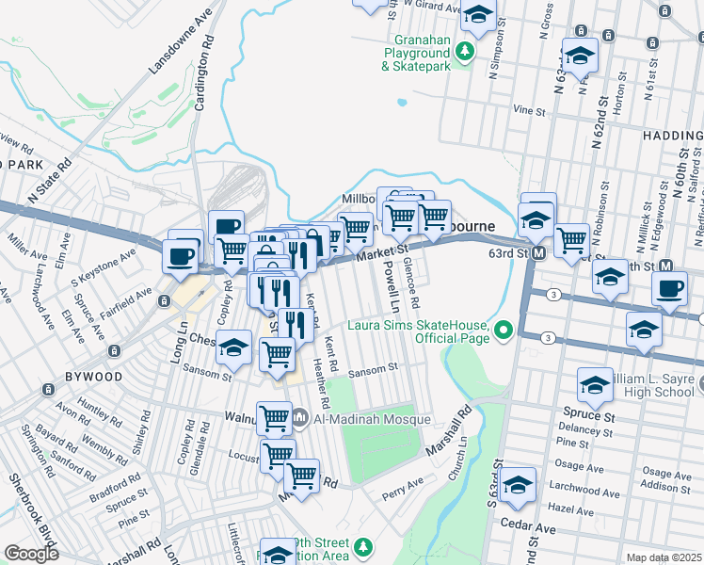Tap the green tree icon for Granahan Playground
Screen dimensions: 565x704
click(x=465, y=52)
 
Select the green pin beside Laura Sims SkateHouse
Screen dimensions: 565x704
click(x=504, y=330)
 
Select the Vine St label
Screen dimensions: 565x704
click(x=530, y=110)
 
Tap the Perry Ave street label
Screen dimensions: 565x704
click(x=403, y=490)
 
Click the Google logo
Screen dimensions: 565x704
click(x=31, y=553)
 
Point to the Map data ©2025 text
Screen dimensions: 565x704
click(x=664, y=557)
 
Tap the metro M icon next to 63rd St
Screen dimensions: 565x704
click(x=539, y=254)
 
